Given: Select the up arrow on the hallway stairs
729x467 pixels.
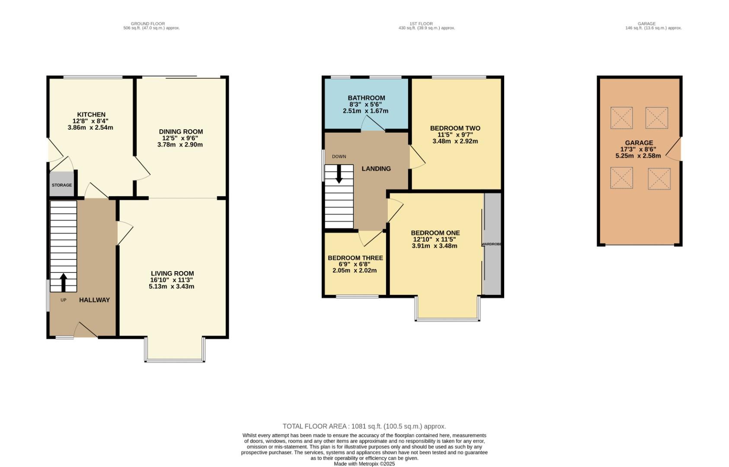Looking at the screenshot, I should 63,282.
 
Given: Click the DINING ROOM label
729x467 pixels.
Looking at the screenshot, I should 181,131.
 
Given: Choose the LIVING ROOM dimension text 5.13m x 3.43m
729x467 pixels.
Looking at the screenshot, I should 172,286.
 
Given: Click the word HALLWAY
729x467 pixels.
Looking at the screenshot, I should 94,300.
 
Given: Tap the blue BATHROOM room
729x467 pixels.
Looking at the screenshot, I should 366,104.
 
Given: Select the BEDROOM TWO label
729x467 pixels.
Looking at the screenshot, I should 455,128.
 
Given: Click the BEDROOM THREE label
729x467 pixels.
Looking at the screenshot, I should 355,258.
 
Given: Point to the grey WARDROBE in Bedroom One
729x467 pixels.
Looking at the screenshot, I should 492,244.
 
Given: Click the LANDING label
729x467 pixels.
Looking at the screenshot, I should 376,169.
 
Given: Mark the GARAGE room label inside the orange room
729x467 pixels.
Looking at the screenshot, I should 639,143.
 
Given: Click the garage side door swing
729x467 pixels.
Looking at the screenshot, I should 675,149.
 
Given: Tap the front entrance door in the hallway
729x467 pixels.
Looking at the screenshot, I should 86,330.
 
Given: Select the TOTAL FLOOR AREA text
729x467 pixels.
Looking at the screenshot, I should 364,426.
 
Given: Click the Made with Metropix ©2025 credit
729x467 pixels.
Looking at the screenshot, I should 364,464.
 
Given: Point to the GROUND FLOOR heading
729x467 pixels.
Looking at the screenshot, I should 147,24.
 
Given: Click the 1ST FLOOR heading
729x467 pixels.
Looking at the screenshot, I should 421,24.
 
